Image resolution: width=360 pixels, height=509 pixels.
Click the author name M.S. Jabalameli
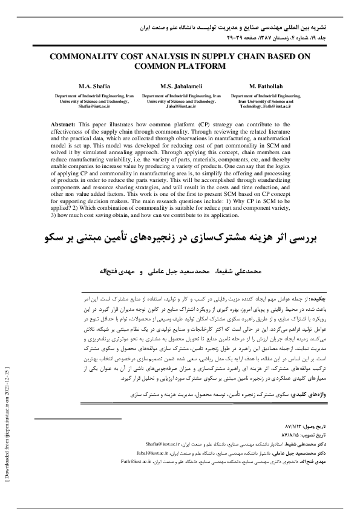(182, 86)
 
